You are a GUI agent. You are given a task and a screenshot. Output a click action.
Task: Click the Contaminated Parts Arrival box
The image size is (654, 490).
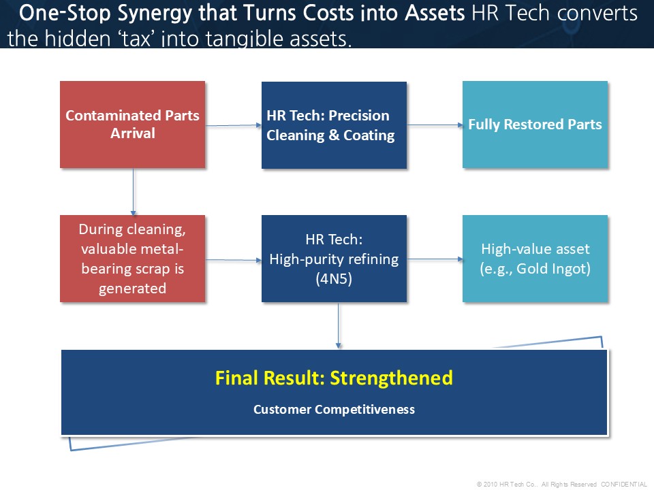[133, 125]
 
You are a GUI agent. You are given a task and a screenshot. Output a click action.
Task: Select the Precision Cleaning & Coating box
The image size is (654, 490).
[334, 125]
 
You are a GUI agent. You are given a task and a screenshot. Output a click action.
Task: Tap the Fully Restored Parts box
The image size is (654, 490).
[535, 125]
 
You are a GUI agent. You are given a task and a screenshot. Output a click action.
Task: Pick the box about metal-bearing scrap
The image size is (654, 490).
[133, 259]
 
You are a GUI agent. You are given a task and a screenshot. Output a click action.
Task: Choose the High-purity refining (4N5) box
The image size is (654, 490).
[334, 259]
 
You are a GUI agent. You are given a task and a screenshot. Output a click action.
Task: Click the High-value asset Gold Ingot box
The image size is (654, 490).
[535, 259]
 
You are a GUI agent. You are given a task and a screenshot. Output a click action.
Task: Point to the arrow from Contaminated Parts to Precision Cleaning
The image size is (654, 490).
[234, 125]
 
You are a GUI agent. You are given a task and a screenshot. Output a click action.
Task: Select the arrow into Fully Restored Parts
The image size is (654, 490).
[435, 125]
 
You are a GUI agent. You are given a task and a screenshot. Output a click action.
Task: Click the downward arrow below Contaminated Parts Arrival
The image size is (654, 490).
[133, 192]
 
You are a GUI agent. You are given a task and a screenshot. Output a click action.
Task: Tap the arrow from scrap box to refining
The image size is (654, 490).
[234, 260]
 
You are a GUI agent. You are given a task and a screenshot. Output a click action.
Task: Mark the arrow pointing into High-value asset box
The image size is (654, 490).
[435, 259]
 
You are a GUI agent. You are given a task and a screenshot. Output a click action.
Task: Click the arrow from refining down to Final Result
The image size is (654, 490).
[339, 325]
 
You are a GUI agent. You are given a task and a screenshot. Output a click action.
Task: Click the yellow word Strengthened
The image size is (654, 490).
[391, 378]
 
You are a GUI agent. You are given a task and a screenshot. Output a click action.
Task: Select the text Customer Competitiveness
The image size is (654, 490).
[334, 410]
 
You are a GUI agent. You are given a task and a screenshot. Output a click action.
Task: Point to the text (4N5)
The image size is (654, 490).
[334, 279]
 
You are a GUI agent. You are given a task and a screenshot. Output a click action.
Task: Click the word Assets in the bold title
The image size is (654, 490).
[435, 12]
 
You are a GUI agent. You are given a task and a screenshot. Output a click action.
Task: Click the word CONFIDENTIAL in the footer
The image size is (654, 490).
[624, 484]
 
